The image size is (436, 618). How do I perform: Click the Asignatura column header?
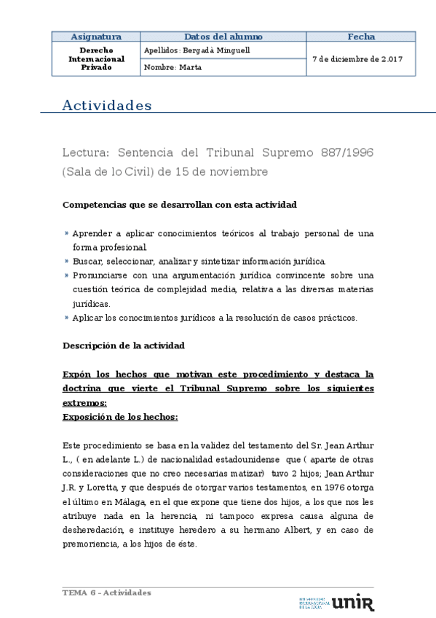click(x=95, y=36)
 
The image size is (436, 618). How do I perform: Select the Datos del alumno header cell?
click(x=223, y=36)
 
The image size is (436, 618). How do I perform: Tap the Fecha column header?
click(x=361, y=36)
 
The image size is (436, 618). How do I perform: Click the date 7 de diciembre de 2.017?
click(x=357, y=59)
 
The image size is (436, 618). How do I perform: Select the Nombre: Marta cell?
click(x=173, y=67)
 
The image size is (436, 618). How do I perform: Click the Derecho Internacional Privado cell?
click(x=95, y=58)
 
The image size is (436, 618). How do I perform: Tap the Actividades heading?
click(x=107, y=106)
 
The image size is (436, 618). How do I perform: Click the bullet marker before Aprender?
click(x=66, y=234)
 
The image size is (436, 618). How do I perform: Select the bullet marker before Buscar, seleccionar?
click(x=66, y=262)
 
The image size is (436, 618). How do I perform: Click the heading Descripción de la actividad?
click(x=123, y=345)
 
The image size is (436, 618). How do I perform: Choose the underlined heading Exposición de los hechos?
click(x=120, y=416)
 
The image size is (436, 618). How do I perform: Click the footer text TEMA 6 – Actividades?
click(x=106, y=593)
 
